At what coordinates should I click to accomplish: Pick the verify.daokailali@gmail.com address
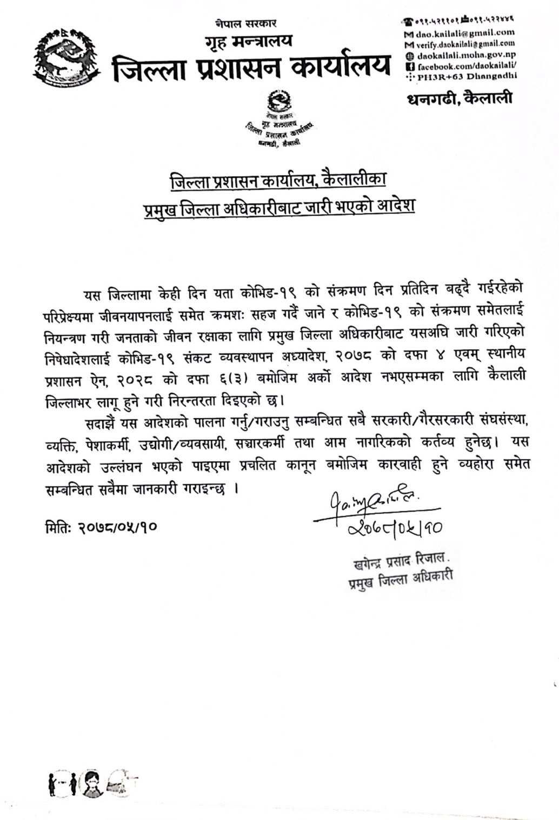pos(464,44)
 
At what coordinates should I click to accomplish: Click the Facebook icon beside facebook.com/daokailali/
pos(409,65)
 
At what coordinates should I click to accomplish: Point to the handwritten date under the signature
pos(392,526)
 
